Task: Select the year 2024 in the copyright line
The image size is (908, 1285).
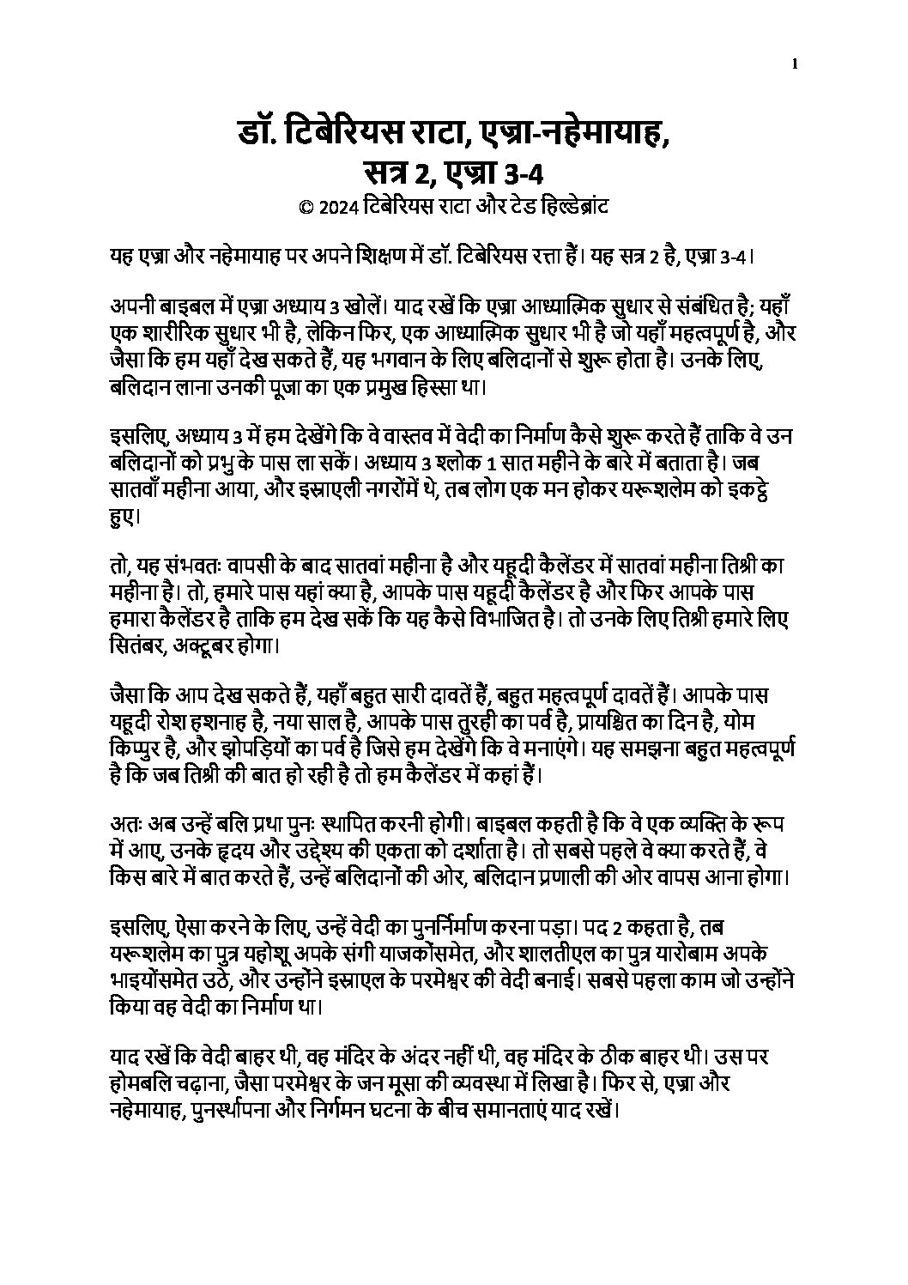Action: point(336,207)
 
